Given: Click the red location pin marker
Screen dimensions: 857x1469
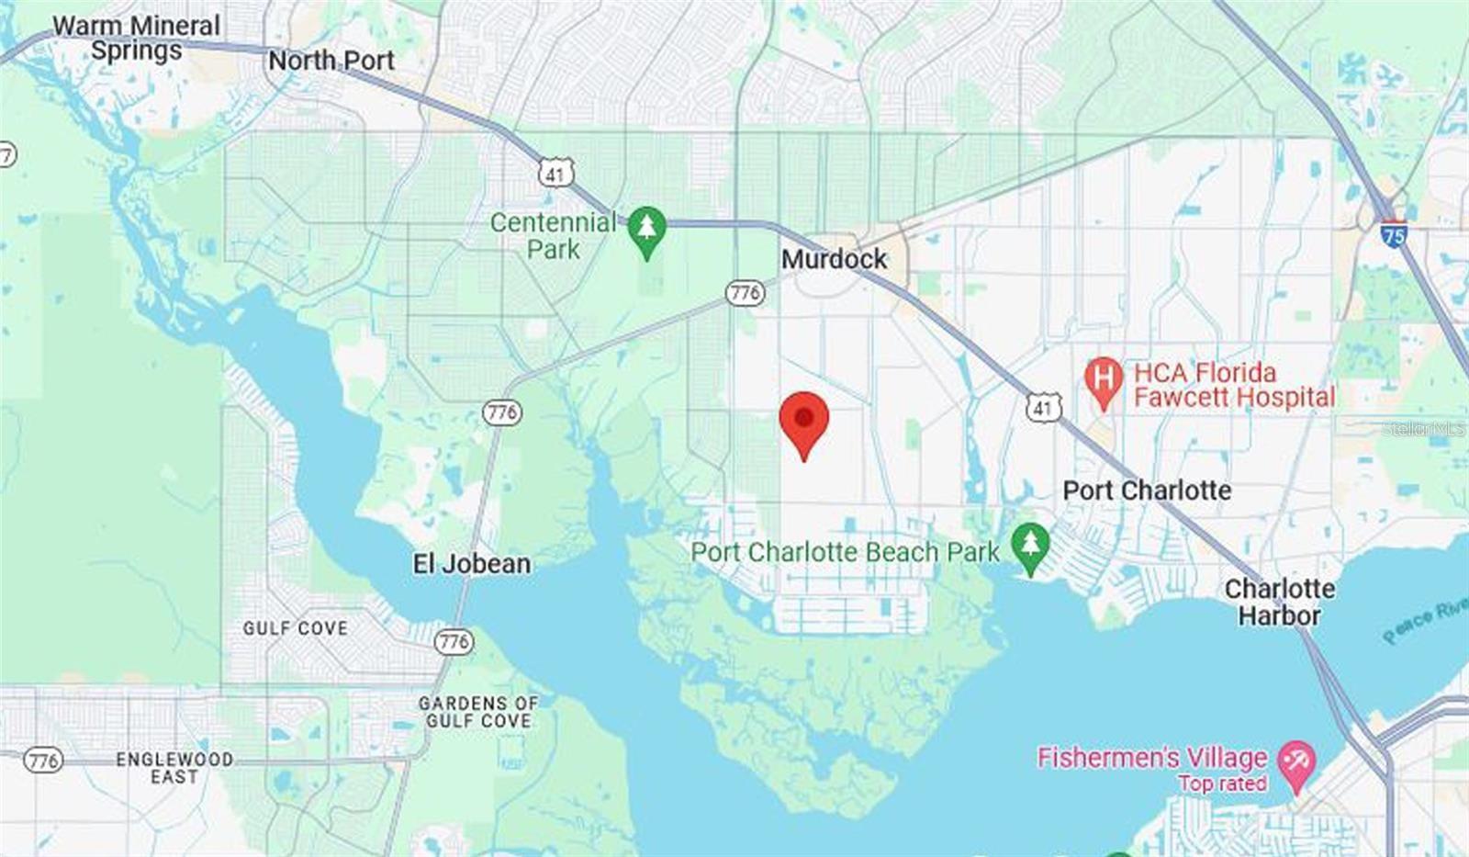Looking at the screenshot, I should point(804,422).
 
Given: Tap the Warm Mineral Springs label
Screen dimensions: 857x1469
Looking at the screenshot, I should point(137,38).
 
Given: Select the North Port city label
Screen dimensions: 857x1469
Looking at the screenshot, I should point(331,61).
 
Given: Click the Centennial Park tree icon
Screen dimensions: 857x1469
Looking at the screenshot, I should point(646,230).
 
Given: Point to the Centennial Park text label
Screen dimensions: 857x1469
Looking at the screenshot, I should point(553,235).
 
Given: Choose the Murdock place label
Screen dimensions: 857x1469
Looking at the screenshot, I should point(834,259).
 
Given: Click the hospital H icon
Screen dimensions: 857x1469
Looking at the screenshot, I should point(1104,380).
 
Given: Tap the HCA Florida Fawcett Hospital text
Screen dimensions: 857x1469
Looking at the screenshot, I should point(1234,385).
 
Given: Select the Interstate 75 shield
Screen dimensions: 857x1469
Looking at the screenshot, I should point(1394,234).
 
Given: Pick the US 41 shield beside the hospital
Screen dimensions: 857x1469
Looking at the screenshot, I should point(1044,407).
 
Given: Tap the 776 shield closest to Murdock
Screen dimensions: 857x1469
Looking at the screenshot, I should point(745,293).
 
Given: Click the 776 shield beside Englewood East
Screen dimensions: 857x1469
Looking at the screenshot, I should point(43,760).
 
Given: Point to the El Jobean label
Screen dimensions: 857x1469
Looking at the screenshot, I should point(472,563).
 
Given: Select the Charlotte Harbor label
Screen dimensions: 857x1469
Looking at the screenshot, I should point(1280,602).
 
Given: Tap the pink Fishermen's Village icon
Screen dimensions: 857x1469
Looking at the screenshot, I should point(1296,763).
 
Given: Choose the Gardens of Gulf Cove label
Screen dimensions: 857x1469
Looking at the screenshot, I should point(478,712).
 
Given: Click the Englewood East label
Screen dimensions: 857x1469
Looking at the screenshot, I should point(174,768).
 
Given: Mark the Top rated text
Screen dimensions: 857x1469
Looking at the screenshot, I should point(1222,784).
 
